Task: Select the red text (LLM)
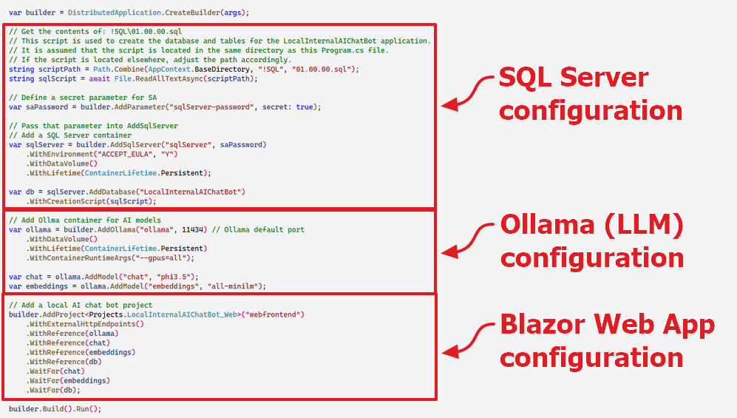643,225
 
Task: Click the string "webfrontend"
273,314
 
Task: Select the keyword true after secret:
305,107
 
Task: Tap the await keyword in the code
100,79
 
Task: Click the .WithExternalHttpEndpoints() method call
85,324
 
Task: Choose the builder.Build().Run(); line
55,409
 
